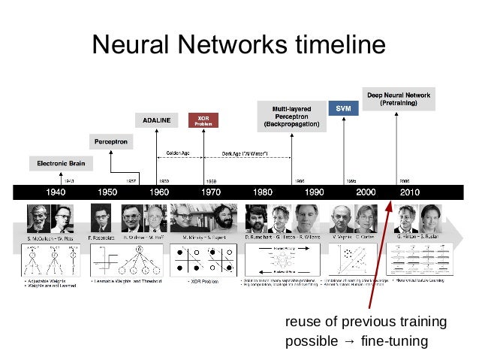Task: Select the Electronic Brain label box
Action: tap(62, 163)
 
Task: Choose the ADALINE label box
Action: tap(157, 120)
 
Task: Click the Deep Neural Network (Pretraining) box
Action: tap(399, 99)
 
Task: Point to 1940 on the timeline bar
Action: tap(57, 192)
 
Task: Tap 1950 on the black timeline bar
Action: tap(107, 192)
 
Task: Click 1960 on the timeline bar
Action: tap(158, 192)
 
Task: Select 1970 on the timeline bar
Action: tap(209, 192)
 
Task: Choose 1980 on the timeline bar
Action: tap(261, 192)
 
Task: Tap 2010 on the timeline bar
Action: tap(411, 192)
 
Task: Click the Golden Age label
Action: tap(177, 153)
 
